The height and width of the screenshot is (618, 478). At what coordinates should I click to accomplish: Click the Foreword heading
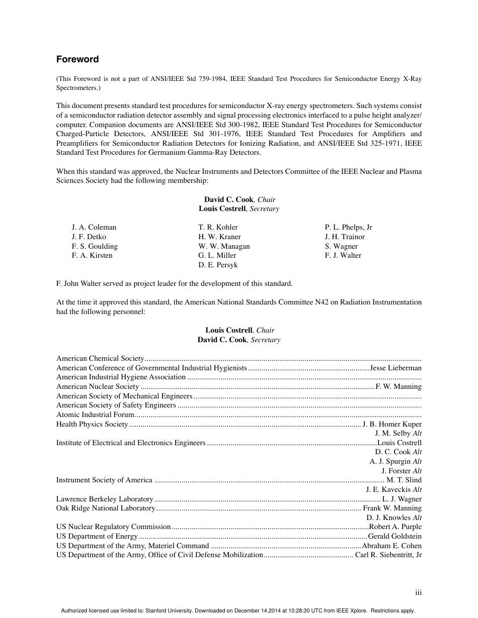coord(77,59)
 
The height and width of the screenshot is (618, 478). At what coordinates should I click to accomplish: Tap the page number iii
coord(418,592)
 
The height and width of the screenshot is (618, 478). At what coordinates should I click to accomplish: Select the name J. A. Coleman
coord(94,227)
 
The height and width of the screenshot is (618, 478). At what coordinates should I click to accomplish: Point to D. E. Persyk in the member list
coord(218,265)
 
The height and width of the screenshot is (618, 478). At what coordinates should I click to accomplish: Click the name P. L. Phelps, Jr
coord(348,227)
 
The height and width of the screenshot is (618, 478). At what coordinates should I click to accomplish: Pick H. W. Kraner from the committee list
coord(219,237)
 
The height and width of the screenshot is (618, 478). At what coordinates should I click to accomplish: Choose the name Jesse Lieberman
coord(395,368)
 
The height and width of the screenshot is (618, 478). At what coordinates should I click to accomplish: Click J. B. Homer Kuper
coord(392,424)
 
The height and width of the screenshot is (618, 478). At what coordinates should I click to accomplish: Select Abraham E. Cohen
coord(392,546)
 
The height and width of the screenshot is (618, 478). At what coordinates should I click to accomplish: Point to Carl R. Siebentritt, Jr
coord(388,555)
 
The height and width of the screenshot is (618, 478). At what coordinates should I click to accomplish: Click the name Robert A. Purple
coord(395,527)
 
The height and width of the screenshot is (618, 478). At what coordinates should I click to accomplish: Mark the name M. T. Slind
coord(404,480)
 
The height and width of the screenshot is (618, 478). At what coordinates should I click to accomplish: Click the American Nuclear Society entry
coord(98,386)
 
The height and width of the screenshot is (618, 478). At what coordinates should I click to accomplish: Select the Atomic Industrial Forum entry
coord(95,415)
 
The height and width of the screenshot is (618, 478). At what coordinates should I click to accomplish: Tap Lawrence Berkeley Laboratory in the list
coord(105,499)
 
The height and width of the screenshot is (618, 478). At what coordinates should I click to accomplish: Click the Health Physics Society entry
coord(92,424)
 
